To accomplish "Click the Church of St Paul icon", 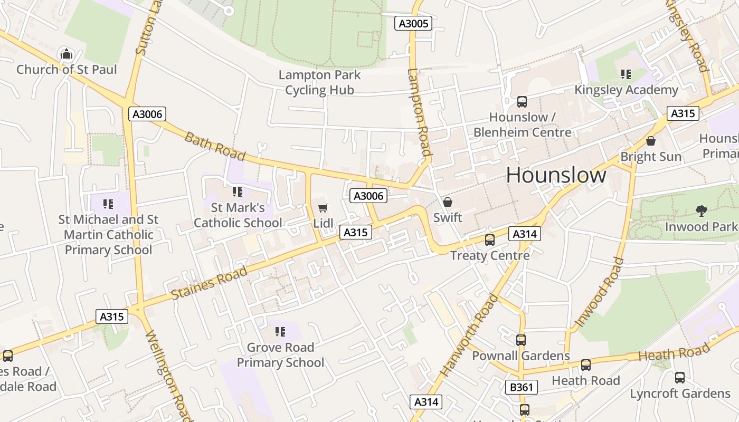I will (x=67, y=54).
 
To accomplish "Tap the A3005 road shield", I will (x=413, y=23).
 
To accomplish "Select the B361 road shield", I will (x=522, y=387).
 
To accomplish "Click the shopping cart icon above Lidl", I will (x=323, y=208).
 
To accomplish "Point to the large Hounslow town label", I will (x=556, y=175).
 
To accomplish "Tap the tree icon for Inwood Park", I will (x=701, y=211).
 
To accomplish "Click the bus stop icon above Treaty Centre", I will (x=490, y=240).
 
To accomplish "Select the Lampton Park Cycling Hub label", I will (x=319, y=82).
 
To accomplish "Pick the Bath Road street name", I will (x=215, y=146).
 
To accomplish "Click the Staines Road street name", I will (x=210, y=283).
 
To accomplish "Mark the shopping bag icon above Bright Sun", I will (x=651, y=141).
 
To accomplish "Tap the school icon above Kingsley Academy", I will (x=626, y=74).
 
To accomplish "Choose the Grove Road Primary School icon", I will (x=280, y=332).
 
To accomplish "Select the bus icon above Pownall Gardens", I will (x=521, y=340).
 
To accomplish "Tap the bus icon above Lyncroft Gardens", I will (x=680, y=378).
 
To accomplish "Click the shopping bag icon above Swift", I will (x=448, y=202).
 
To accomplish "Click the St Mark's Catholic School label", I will (x=238, y=215).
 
